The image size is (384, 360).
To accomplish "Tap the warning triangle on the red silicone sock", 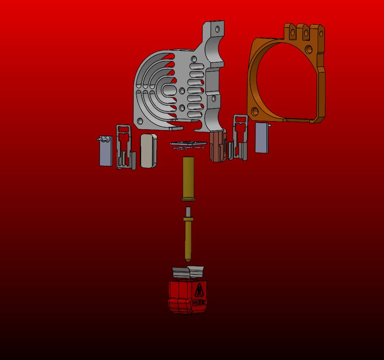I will (x=199, y=290).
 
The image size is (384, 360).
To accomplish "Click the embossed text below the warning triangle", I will (x=199, y=302).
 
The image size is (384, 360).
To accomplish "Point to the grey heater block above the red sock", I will (x=188, y=271).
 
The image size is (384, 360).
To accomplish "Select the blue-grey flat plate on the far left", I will (x=106, y=154).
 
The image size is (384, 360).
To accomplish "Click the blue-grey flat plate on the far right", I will (x=262, y=138).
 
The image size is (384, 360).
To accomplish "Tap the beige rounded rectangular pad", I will (x=148, y=151).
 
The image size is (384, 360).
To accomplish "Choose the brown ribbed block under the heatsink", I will (x=218, y=147).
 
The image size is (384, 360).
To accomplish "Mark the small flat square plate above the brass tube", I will (x=186, y=143).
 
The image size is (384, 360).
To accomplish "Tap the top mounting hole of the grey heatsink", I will (x=218, y=29).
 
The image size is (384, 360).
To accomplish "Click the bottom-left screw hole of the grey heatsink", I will (x=140, y=121).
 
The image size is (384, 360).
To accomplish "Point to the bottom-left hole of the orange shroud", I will (x=255, y=111).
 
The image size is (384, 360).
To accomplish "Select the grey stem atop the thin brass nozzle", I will (x=188, y=211).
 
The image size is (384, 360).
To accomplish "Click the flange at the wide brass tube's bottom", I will (x=188, y=199).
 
